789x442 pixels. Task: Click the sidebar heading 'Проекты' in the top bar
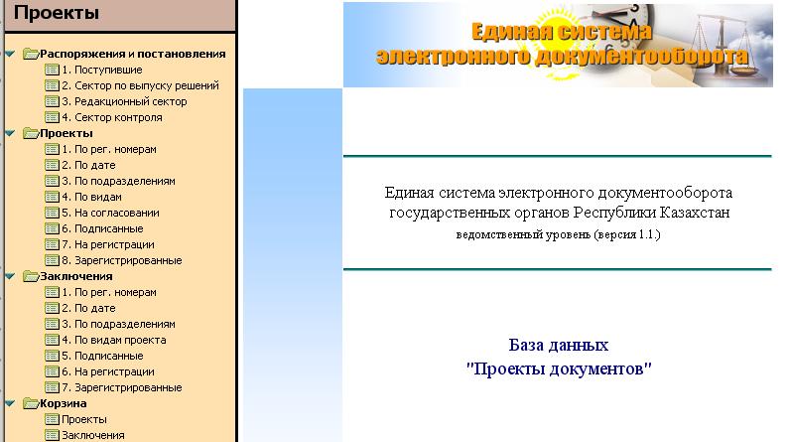click(57, 13)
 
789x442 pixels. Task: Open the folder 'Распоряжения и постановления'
click(132, 54)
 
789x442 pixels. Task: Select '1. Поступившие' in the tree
click(101, 70)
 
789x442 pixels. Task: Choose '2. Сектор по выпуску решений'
click(140, 85)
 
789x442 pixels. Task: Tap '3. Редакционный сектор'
click(124, 101)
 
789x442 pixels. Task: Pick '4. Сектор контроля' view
click(112, 117)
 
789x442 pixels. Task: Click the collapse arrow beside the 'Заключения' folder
click(10, 276)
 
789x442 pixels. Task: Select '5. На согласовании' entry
click(110, 213)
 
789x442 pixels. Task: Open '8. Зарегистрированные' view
click(122, 261)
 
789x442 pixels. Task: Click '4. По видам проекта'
click(114, 341)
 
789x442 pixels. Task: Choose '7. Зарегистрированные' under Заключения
click(122, 387)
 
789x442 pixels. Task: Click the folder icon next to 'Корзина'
click(31, 403)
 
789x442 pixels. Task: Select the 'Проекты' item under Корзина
click(84, 419)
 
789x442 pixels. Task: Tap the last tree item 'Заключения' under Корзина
click(93, 435)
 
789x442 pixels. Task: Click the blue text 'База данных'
click(559, 345)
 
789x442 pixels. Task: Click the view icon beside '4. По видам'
click(52, 197)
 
